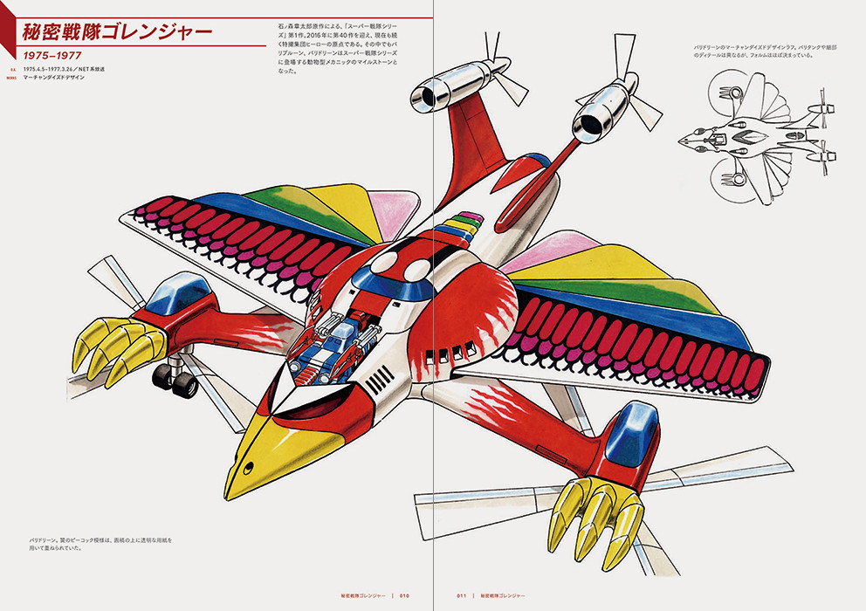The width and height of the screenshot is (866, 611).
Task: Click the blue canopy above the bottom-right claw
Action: [632, 431]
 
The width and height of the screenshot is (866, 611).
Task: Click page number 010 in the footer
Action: [404, 596]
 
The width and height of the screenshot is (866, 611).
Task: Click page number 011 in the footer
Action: [462, 596]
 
